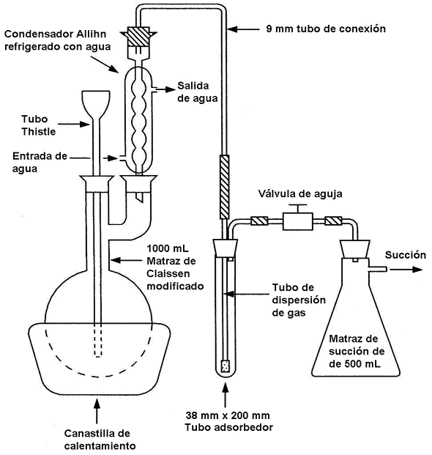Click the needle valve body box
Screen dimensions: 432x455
298,221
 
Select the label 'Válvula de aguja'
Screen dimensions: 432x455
300,194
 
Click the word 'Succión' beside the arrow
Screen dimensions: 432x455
406,255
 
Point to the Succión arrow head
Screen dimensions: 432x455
417,270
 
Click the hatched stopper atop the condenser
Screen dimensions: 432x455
138,37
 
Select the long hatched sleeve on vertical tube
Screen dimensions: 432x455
224,187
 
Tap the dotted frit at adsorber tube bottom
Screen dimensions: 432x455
226,366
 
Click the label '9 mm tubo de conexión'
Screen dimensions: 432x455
326,29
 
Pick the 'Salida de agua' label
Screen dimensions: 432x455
198,92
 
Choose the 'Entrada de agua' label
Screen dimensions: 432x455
40,163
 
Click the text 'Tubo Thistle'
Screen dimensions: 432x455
39,125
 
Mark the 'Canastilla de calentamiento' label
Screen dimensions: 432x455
100,440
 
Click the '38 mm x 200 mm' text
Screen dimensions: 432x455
228,415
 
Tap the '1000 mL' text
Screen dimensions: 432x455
168,248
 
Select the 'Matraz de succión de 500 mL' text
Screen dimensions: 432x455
357,352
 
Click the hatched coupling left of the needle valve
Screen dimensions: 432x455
259,221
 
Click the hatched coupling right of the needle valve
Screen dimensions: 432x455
333,221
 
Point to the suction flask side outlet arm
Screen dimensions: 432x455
378,270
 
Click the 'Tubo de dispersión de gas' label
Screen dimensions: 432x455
299,300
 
